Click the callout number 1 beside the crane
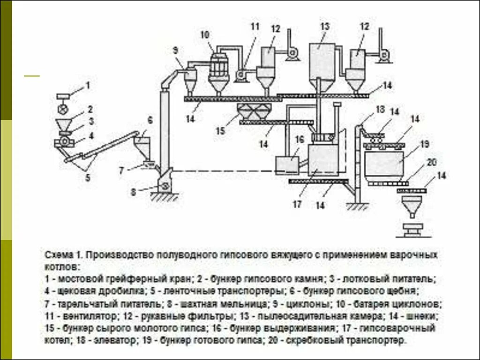pos(87,85)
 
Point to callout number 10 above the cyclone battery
pos(205,35)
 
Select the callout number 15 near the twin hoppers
pos(220,131)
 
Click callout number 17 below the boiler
pos(297,204)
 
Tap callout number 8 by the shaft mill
pos(133,191)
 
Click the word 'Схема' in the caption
pos(58,255)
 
